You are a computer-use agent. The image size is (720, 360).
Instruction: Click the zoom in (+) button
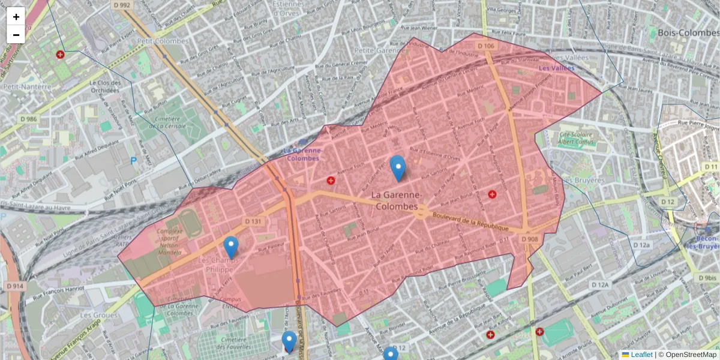tap(16, 17)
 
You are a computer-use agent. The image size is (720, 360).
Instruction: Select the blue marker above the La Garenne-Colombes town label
tap(397, 168)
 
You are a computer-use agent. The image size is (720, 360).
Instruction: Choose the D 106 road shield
tap(486, 46)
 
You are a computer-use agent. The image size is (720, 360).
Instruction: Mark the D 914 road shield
tap(16, 286)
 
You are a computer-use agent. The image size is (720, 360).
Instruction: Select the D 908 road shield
tap(530, 239)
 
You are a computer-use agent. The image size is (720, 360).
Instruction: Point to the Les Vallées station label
tap(556, 68)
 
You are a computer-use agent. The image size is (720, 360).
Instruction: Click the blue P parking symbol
tap(133, 161)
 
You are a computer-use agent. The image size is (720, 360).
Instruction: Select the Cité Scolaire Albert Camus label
tap(575, 138)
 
